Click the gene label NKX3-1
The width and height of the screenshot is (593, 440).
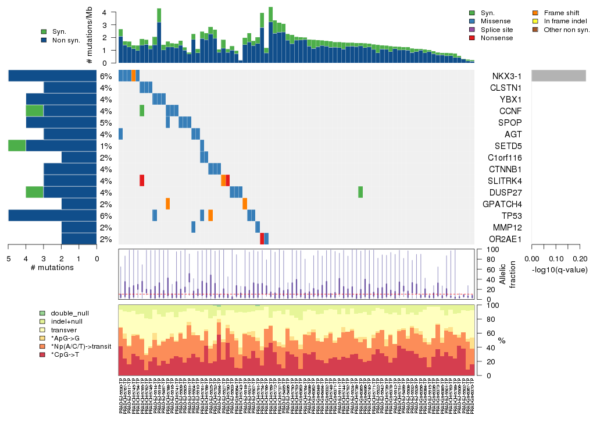(x=505, y=76)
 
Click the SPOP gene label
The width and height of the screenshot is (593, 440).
(x=510, y=123)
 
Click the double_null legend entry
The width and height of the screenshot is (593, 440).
(x=69, y=313)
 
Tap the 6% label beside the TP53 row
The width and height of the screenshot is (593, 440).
(x=105, y=216)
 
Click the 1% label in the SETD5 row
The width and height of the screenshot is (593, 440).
(x=105, y=146)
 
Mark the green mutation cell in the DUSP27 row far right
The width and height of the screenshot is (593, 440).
(x=360, y=192)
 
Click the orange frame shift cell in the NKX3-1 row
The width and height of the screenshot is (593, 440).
(x=134, y=76)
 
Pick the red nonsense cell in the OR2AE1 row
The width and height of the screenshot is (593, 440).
(x=262, y=239)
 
